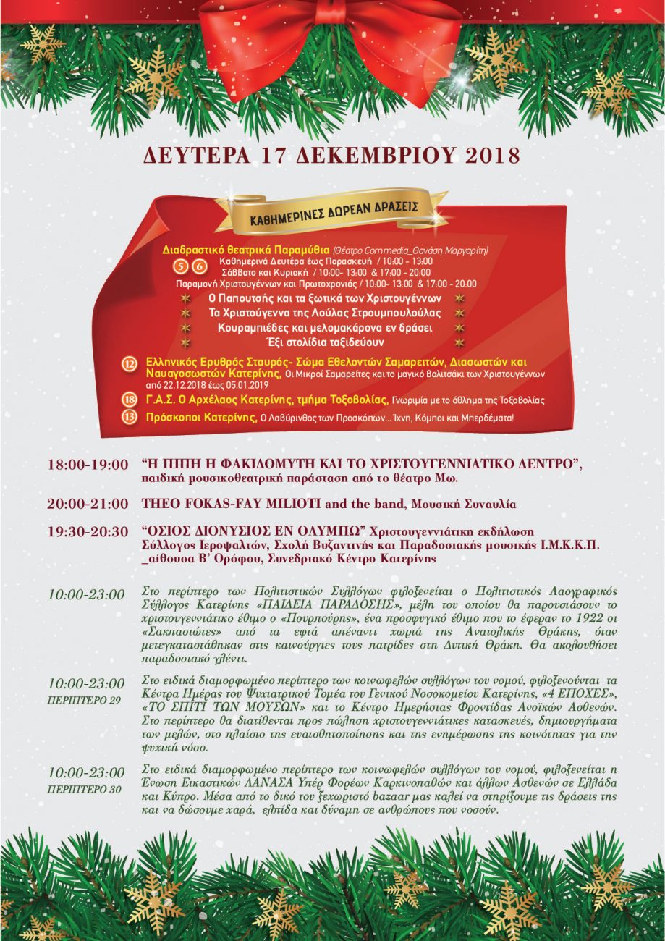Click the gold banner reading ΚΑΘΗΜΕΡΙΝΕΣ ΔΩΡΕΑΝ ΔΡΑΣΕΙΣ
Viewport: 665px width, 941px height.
334,206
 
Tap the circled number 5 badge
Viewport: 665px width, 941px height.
180,266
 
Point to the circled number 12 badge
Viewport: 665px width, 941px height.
130,366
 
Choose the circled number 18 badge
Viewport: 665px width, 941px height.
130,400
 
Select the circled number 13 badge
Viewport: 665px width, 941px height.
130,417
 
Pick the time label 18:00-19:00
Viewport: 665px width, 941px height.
87,465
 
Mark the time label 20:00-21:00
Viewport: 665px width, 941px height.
87,504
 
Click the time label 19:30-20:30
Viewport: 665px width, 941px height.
87,531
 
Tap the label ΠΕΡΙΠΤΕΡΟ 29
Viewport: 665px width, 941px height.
84,700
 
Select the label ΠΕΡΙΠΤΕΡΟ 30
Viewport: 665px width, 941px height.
84,789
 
